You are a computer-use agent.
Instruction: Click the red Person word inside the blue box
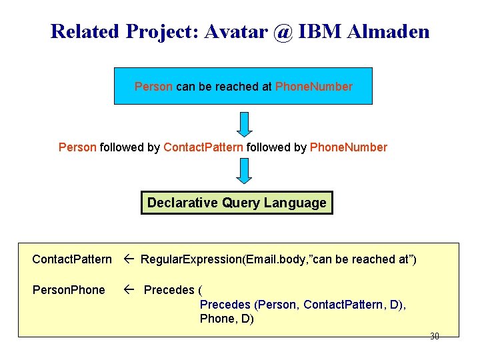pos(153,87)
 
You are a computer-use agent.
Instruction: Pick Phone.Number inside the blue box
pos(314,87)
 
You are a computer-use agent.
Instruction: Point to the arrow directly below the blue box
pos(245,124)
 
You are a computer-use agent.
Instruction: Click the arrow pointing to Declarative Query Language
pos(245,171)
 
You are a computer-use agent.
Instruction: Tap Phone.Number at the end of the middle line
pos(349,147)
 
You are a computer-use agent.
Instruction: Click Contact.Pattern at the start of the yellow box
pos(72,259)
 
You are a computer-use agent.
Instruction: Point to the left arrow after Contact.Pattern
pos(129,259)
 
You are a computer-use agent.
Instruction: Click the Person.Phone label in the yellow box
pos(69,290)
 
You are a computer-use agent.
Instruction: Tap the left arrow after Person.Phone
pos(129,290)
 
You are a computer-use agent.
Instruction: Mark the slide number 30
pos(434,337)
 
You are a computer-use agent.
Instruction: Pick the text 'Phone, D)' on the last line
pos(227,319)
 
